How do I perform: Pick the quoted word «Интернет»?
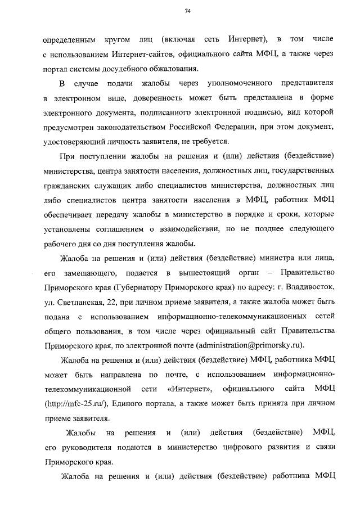[x=188, y=389]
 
